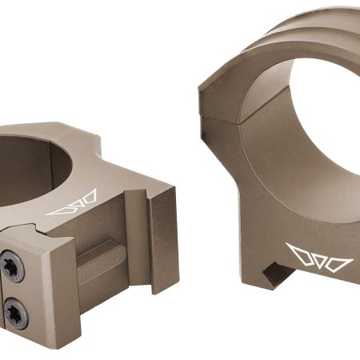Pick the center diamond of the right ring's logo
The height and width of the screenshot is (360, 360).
(x=319, y=258)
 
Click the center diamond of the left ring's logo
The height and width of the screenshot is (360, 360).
(x=72, y=205)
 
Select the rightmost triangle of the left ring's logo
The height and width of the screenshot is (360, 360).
(x=89, y=198)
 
